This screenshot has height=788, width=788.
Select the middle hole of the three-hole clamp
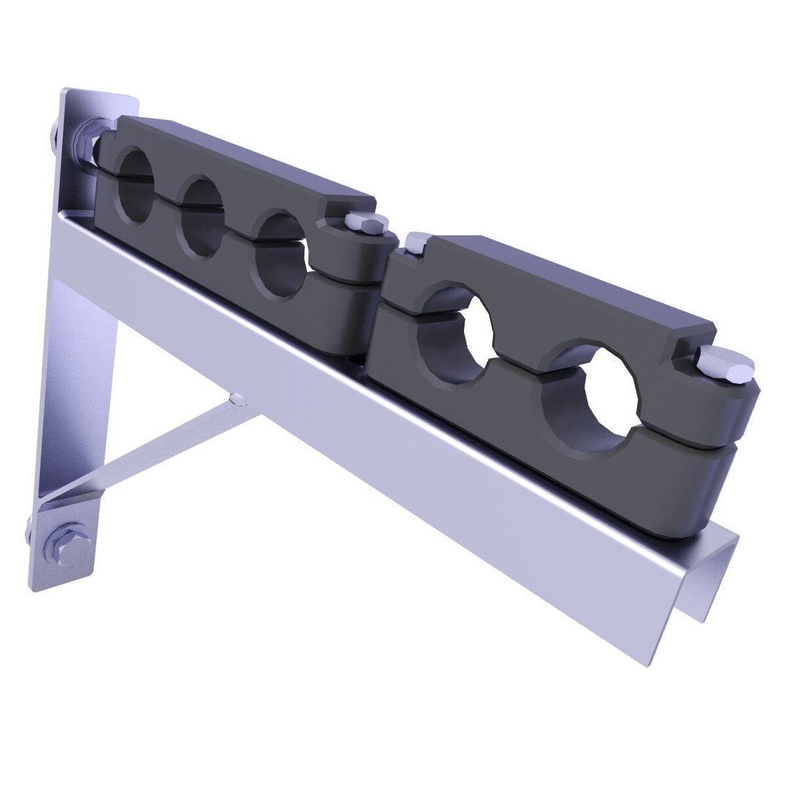202,217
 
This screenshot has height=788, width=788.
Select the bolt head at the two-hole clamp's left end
418,243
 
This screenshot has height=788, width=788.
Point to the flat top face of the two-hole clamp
555,277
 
